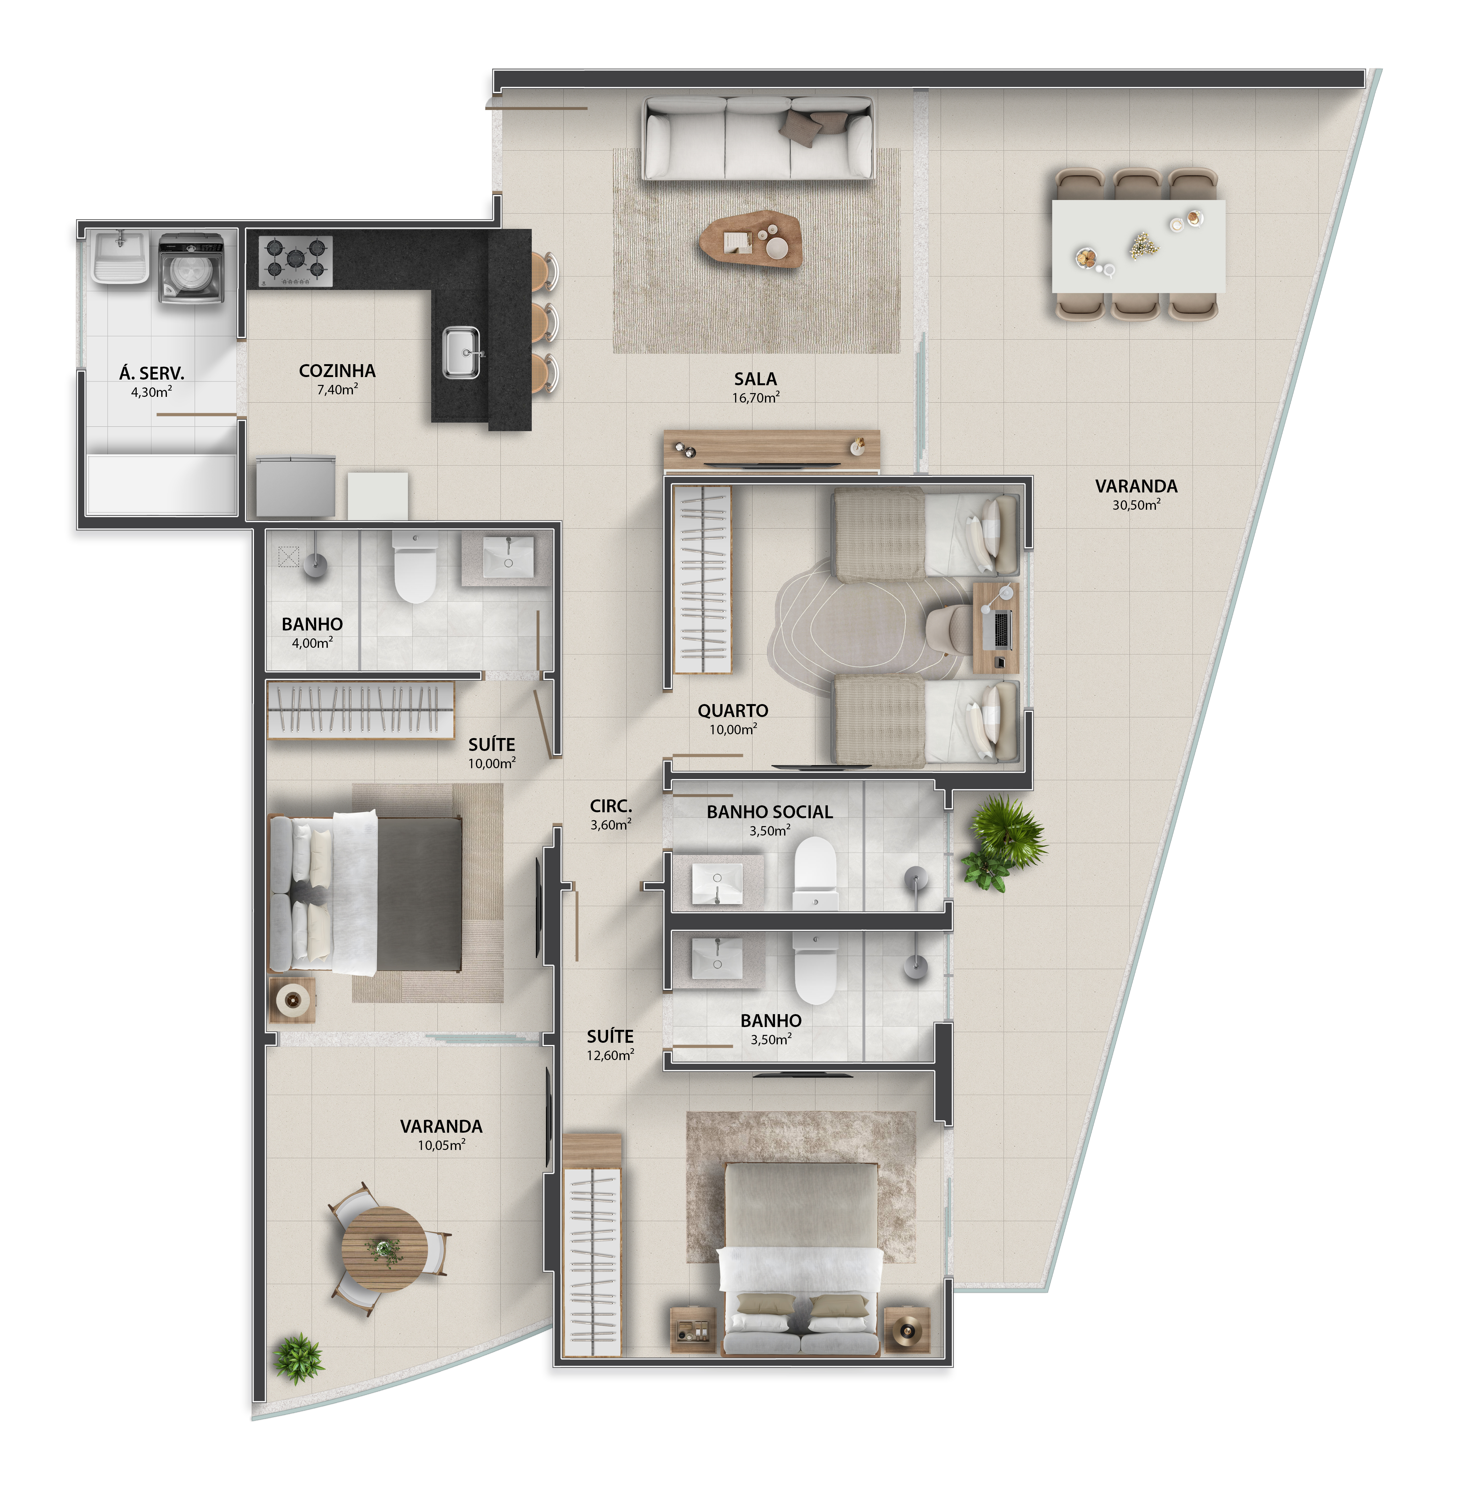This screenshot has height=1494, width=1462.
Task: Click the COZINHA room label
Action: [x=337, y=371]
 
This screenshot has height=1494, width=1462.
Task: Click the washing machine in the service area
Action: [x=191, y=269]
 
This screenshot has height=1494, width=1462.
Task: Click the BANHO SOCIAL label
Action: [x=769, y=812]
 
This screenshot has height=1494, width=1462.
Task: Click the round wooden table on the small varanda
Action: [x=384, y=1248]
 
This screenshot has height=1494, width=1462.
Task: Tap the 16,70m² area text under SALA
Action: [x=756, y=398]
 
